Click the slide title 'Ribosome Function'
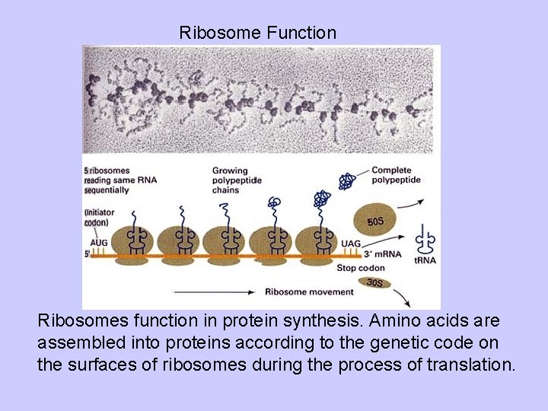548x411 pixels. [257, 33]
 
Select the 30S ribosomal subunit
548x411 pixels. [374, 282]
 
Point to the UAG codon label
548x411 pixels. [351, 244]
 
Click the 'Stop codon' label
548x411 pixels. [361, 268]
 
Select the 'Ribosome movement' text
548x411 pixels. [309, 292]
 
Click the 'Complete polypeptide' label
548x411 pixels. [392, 175]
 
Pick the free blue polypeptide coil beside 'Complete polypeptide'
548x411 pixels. [347, 181]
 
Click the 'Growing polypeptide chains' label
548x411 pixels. [236, 180]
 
